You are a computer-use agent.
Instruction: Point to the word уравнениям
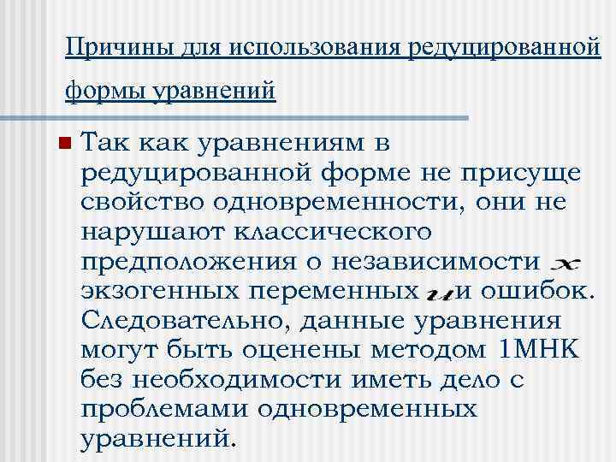(283, 142)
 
